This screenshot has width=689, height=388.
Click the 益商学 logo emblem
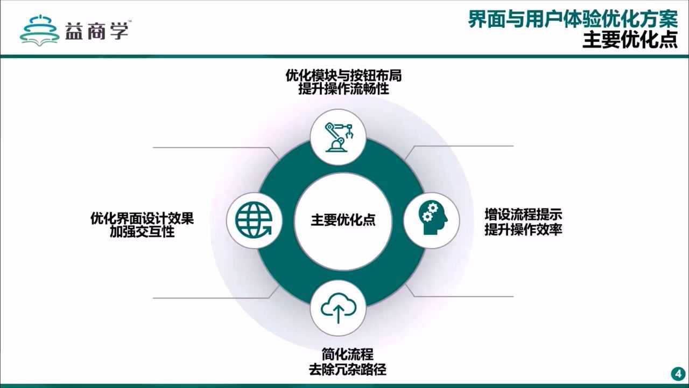point(39,29)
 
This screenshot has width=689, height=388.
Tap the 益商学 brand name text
point(97,30)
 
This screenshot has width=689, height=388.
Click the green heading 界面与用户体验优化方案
point(572,20)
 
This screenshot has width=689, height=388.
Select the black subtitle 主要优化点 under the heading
point(630,40)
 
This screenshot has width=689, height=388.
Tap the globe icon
point(254,220)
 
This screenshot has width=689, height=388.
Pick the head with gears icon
point(432,220)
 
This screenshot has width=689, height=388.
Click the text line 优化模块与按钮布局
point(343,76)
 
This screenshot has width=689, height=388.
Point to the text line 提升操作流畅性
point(343,89)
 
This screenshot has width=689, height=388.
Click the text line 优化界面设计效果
point(142,219)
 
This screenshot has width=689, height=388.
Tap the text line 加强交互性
point(142,232)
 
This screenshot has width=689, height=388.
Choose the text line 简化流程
point(347,355)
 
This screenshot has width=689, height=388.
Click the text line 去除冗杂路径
point(347,370)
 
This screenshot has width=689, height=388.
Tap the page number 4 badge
point(677,374)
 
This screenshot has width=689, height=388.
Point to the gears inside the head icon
point(428,213)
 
